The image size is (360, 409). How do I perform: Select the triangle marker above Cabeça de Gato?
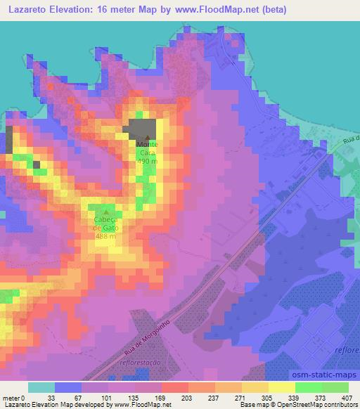tap(106, 212)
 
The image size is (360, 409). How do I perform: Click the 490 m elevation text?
tap(148, 161)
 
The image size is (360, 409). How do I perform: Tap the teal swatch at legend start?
tap(41, 387)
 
